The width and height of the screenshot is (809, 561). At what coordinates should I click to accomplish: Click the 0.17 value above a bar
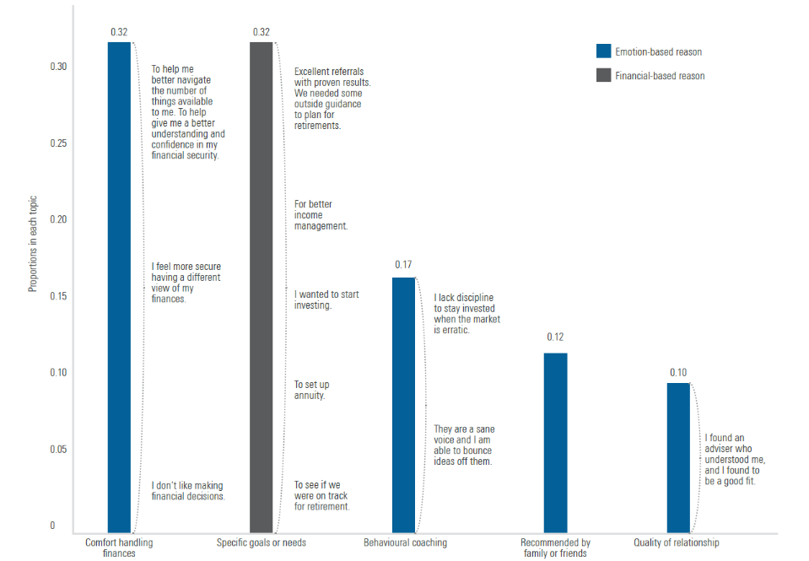404,265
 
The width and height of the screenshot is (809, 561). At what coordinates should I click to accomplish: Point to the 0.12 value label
555,337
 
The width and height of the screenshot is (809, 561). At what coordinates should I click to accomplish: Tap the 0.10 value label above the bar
678,372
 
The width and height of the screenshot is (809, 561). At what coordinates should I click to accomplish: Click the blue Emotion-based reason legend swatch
603,51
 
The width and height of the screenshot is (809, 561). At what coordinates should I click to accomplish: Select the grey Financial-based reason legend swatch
603,76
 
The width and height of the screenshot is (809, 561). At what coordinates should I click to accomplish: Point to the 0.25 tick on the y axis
58,143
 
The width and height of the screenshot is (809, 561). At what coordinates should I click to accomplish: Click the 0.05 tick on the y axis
58,450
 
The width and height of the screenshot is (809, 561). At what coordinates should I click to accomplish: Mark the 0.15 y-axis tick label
58,296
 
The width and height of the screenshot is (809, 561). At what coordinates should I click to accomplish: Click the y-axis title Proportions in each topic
33,245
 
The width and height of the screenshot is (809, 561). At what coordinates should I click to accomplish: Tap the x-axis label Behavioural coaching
405,542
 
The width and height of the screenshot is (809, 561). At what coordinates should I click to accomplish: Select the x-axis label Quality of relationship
677,542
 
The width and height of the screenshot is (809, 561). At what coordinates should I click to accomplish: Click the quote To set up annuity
310,390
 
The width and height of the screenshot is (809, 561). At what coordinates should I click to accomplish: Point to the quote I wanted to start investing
326,299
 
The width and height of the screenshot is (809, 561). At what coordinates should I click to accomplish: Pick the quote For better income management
321,215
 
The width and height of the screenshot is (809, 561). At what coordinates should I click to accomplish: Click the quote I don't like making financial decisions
188,491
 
